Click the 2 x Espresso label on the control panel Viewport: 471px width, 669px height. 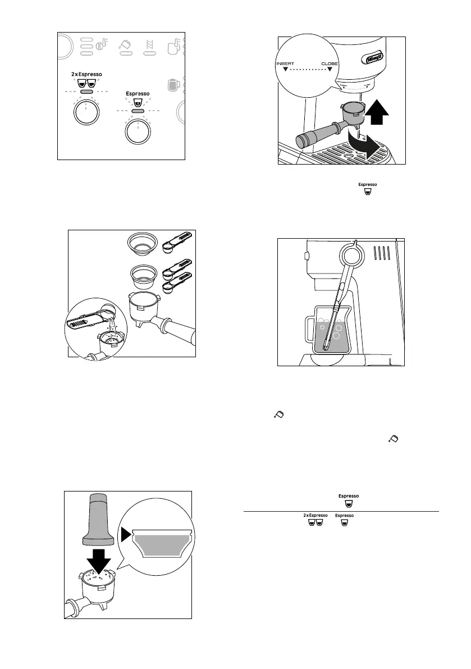[x=86, y=74]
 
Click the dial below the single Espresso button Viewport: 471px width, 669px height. [x=138, y=132]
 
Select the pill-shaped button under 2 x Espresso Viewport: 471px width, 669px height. [x=86, y=92]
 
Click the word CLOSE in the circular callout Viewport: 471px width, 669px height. [x=329, y=64]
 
